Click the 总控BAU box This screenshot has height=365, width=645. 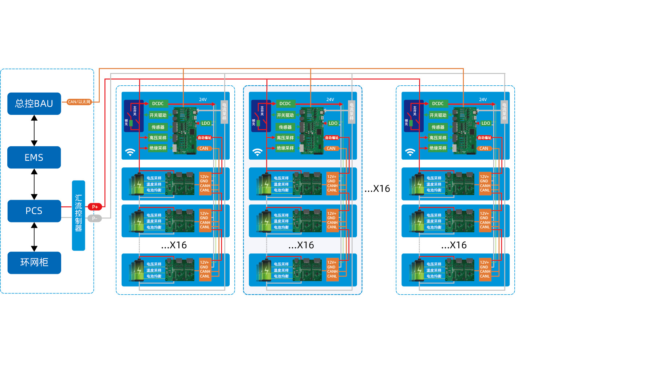34,104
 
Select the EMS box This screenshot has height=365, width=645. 34,158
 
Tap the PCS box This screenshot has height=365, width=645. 34,211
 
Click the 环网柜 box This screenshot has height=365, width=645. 34,263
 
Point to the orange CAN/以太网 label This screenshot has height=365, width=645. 79,102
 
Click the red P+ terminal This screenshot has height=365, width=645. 95,207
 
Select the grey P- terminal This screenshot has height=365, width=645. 95,218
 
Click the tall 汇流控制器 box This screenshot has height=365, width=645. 79,215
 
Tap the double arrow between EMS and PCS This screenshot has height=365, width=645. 34,184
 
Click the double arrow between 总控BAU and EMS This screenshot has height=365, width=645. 34,131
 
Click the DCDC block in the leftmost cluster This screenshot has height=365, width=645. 158,104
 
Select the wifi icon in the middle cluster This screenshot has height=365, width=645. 257,152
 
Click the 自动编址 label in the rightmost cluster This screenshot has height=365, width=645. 484,137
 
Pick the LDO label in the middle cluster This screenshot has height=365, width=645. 333,123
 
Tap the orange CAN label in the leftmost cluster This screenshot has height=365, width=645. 204,148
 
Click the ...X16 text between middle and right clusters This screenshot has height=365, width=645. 377,189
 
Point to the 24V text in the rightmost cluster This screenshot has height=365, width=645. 483,100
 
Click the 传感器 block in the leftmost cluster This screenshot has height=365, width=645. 158,127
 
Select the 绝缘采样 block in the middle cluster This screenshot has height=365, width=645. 285,148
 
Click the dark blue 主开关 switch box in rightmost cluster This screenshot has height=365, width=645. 414,116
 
